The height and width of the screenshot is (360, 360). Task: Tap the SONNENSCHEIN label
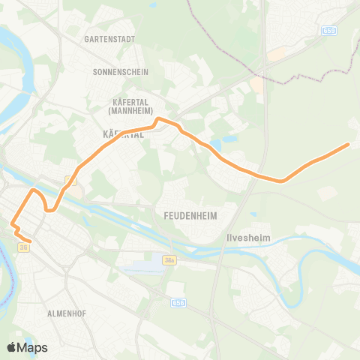[x=120, y=72]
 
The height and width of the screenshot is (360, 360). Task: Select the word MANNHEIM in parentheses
[x=130, y=111]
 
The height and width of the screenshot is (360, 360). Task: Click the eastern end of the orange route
[x=349, y=144]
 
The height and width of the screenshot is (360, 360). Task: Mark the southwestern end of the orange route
[x=28, y=241]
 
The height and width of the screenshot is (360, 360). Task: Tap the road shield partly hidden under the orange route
[x=70, y=180]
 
